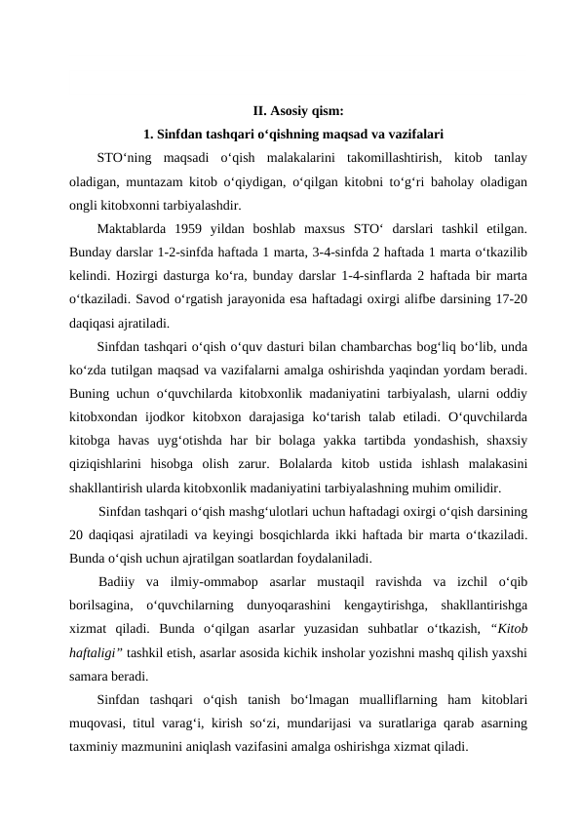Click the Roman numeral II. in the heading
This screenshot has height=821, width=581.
(x=260, y=110)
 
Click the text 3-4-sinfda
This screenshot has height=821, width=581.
(x=362, y=253)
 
